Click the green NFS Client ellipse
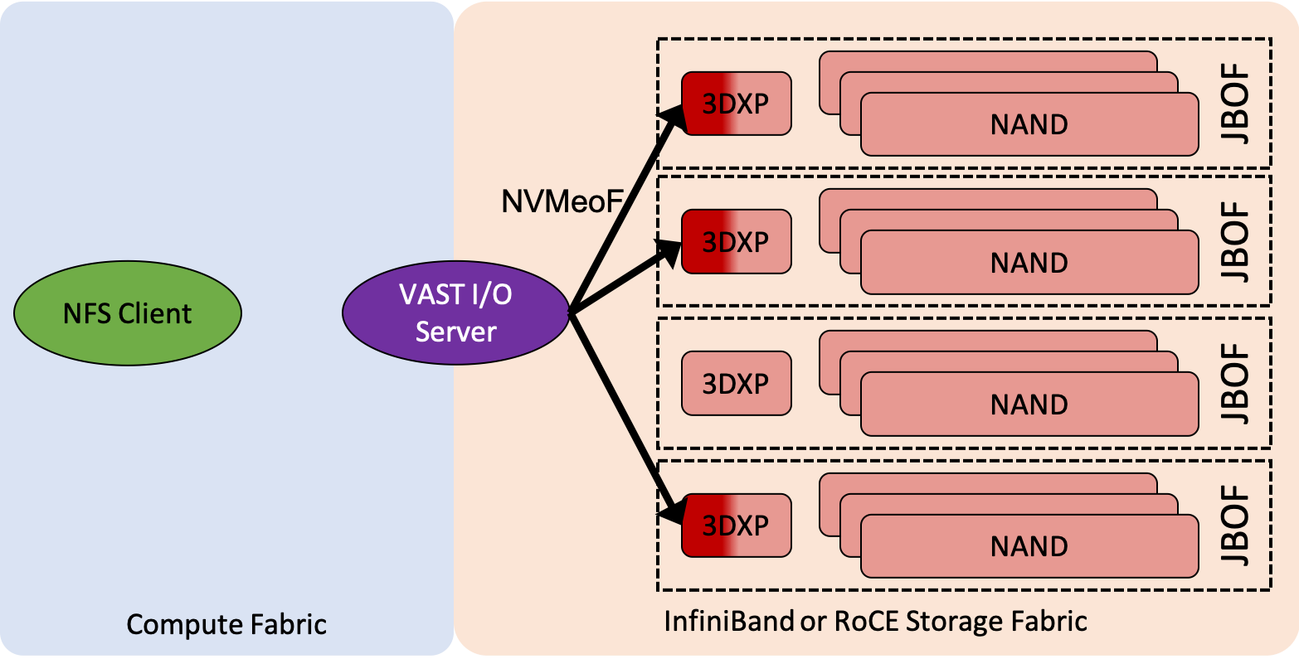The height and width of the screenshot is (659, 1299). click(128, 313)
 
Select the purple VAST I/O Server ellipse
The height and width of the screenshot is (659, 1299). click(455, 313)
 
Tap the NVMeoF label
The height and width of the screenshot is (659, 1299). click(562, 201)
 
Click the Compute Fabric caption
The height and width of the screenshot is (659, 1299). click(226, 624)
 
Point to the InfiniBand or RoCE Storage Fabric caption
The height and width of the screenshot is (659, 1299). click(875, 621)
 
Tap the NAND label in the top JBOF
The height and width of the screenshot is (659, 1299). click(1029, 125)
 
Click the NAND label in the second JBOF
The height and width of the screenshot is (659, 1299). click(1029, 264)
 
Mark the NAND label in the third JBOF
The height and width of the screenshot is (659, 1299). click(1029, 405)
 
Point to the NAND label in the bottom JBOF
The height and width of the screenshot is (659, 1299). click(1029, 547)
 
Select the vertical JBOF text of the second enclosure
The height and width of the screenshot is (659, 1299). click(1236, 241)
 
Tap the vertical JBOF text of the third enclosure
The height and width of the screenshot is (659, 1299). click(1236, 383)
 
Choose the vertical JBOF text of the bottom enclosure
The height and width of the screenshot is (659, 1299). click(1236, 526)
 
